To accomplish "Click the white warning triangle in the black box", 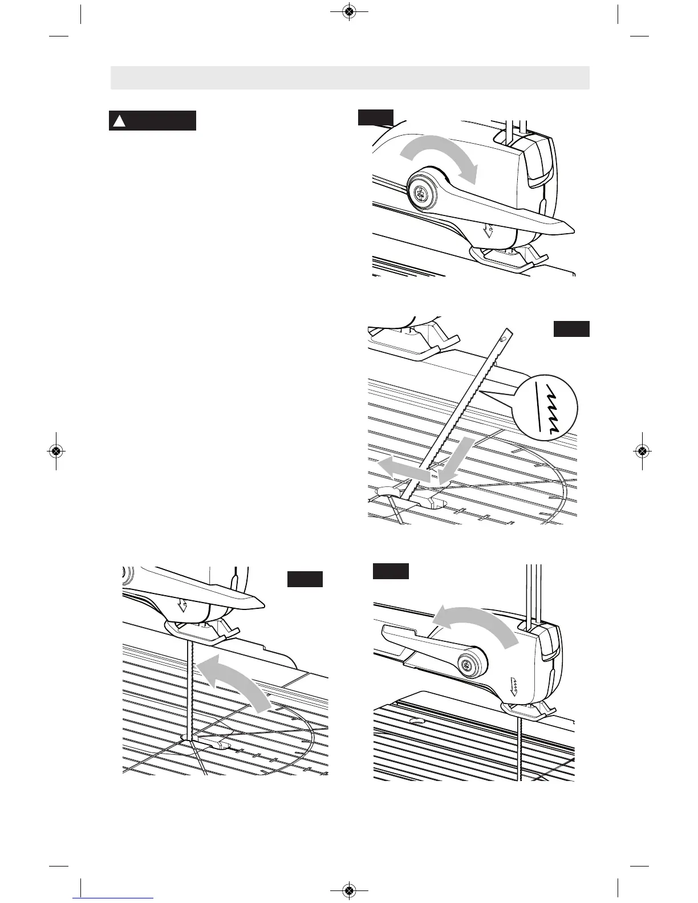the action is click(x=119, y=121).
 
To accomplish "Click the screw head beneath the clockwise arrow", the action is click(x=423, y=194).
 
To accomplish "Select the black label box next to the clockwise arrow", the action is click(x=375, y=117).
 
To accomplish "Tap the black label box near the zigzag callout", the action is click(x=571, y=329).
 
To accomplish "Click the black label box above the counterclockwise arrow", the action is click(x=391, y=571).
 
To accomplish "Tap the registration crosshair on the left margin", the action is click(x=55, y=451).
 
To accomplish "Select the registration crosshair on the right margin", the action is click(x=642, y=451).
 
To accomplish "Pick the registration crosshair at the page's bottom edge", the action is click(x=349, y=890).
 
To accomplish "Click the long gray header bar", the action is click(x=350, y=78).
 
